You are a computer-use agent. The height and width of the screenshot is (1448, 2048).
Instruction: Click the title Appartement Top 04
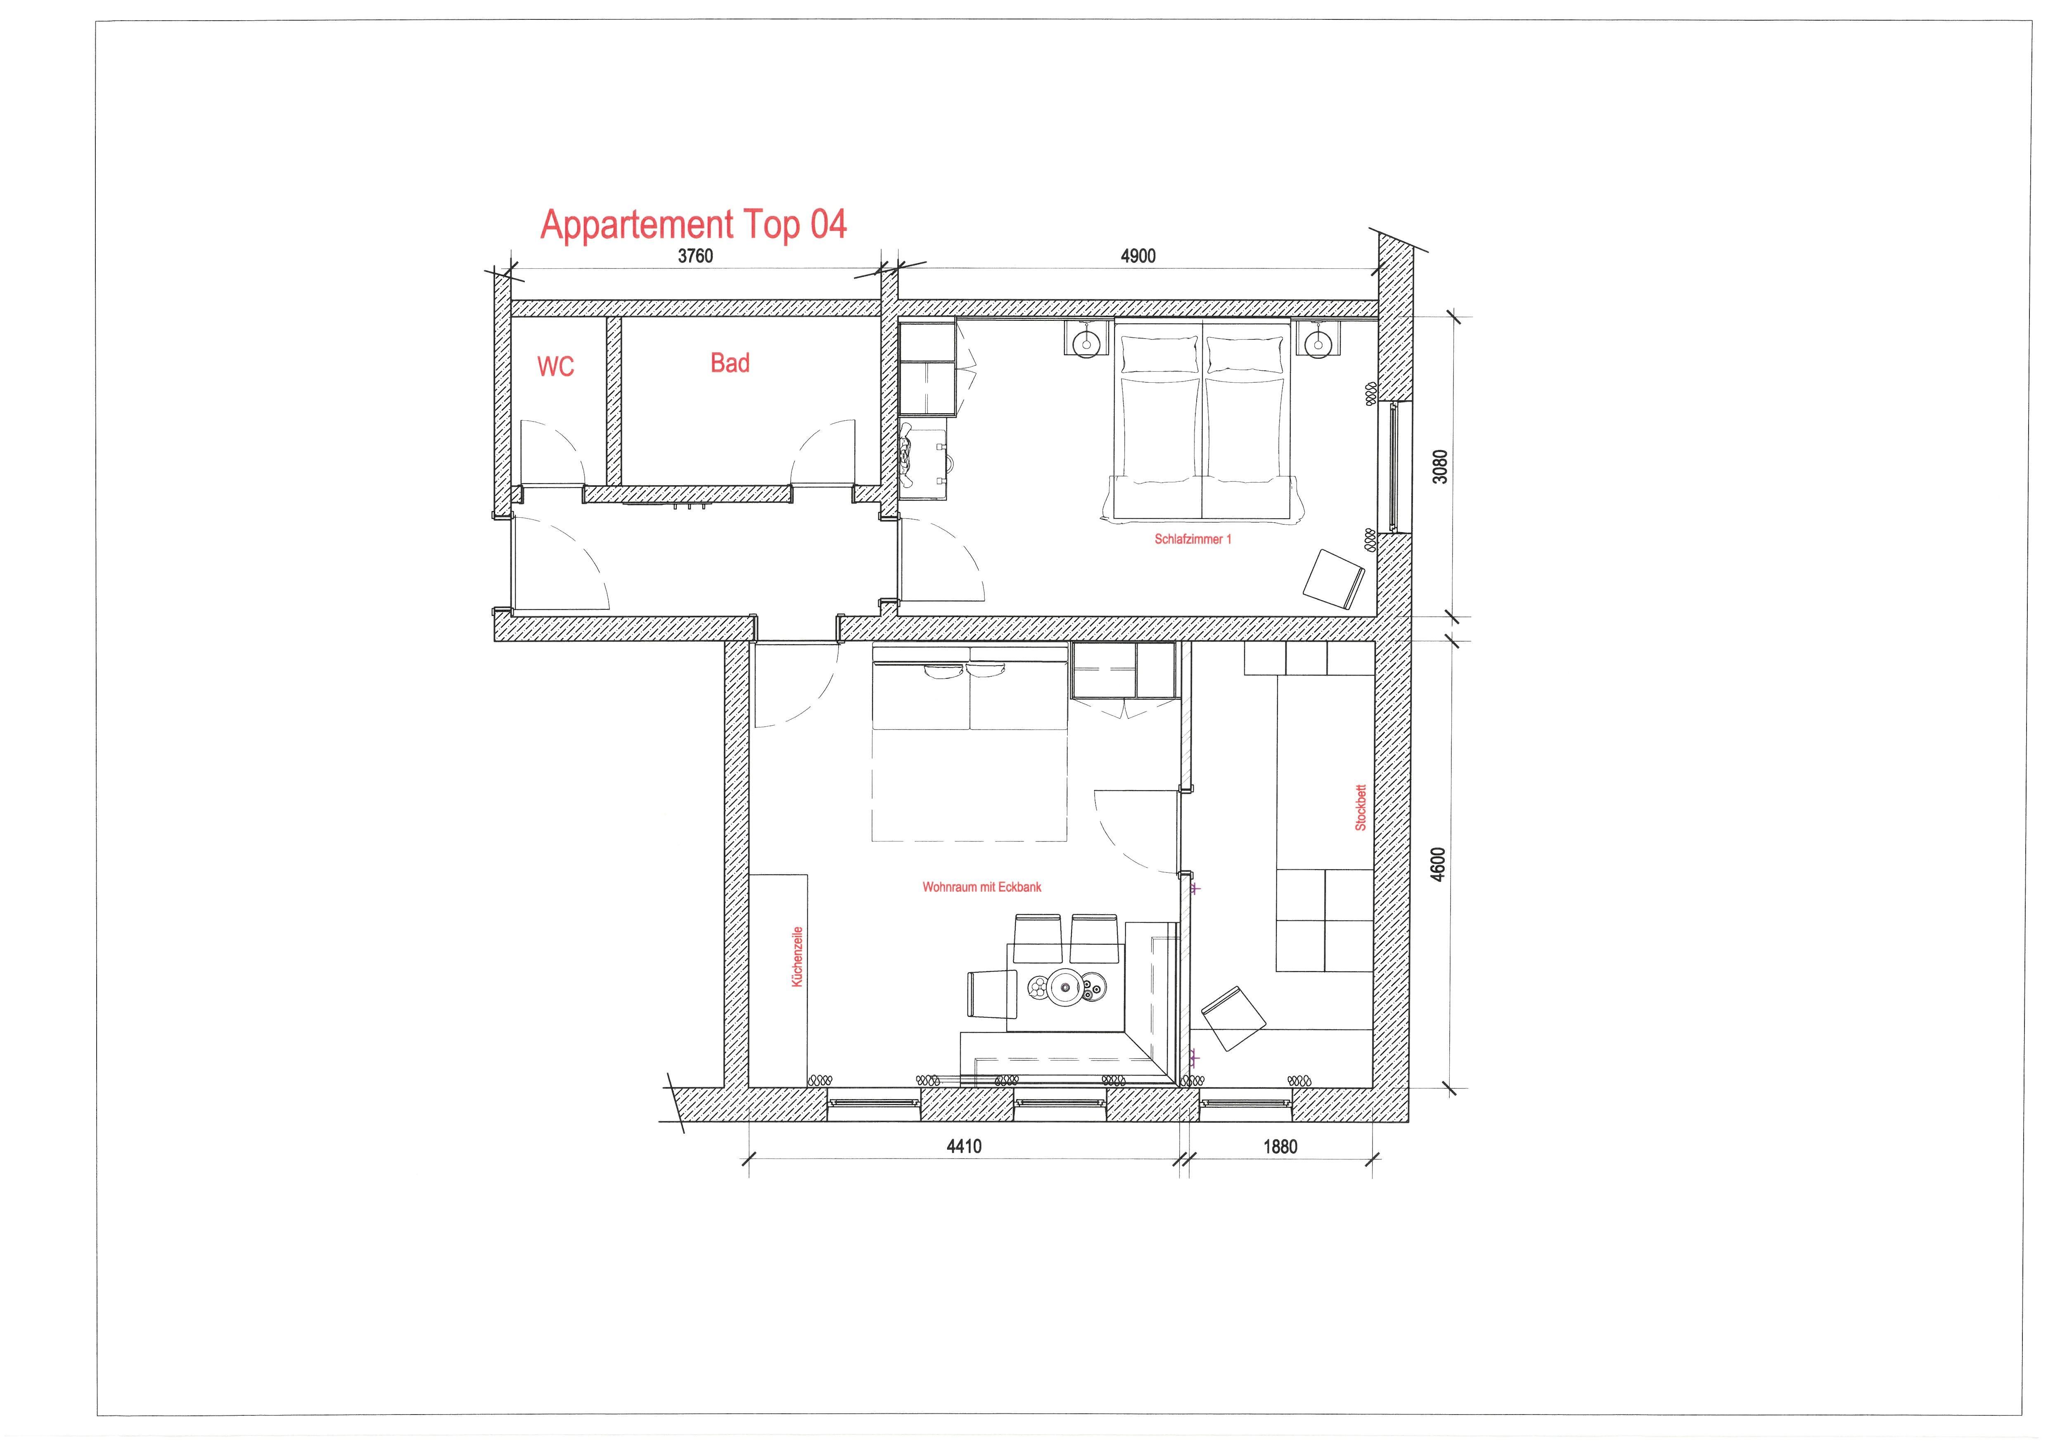pyautogui.click(x=693, y=225)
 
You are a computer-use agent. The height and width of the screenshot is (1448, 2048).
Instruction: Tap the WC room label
pyautogui.click(x=556, y=366)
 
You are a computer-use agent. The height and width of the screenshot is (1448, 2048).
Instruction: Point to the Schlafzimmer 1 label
pyautogui.click(x=1192, y=539)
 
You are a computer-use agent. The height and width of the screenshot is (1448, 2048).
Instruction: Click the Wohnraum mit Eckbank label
pyautogui.click(x=981, y=887)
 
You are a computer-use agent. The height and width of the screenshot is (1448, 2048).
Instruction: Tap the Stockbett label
pyautogui.click(x=1360, y=808)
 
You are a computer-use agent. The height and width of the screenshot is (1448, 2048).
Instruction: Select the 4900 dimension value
pyautogui.click(x=1138, y=256)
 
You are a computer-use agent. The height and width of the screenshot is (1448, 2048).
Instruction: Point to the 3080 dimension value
pyautogui.click(x=1440, y=466)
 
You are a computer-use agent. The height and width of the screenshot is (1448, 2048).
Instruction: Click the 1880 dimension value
pyautogui.click(x=1280, y=1147)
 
